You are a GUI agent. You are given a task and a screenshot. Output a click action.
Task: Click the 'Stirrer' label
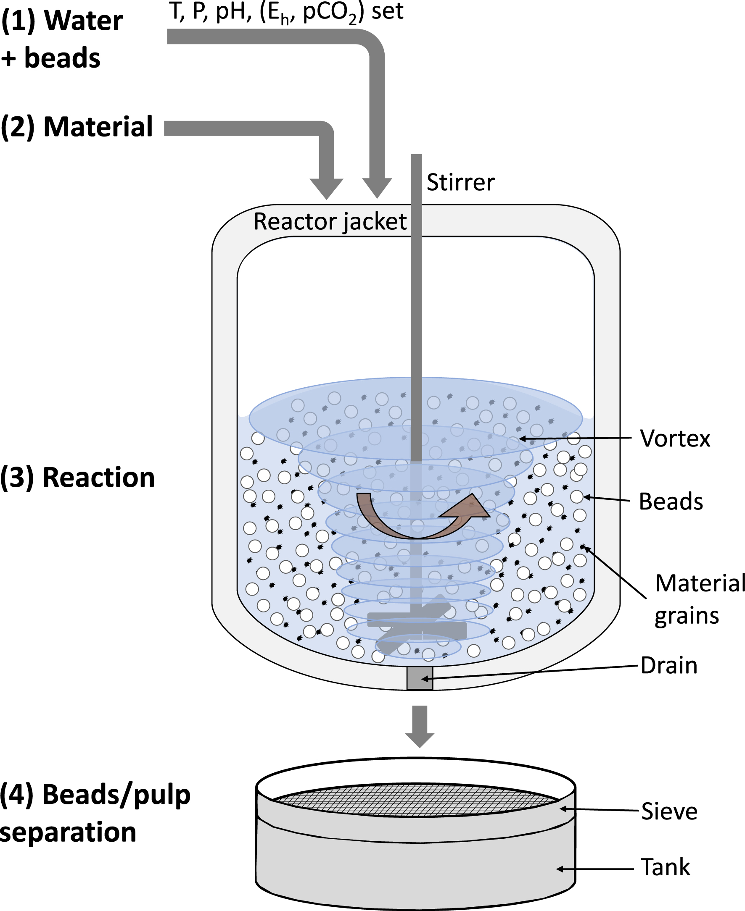point(460,183)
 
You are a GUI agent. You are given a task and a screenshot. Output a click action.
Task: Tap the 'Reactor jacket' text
point(330,222)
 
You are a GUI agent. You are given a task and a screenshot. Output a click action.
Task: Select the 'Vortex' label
point(675,438)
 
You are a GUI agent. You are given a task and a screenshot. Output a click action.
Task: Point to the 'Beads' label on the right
point(671,501)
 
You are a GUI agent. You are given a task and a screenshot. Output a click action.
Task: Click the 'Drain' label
point(668,666)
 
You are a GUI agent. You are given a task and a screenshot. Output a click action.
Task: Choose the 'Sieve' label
point(669,811)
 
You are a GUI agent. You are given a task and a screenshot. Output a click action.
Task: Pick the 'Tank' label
point(665,867)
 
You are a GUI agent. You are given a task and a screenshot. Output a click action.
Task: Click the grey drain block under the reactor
point(419,678)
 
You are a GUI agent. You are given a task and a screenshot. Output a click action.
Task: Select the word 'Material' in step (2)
point(98,127)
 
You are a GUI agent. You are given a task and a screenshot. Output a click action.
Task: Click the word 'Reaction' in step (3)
point(99,478)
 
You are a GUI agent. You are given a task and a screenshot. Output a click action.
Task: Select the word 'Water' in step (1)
point(84,21)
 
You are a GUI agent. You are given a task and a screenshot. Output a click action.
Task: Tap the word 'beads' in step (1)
point(62,58)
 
